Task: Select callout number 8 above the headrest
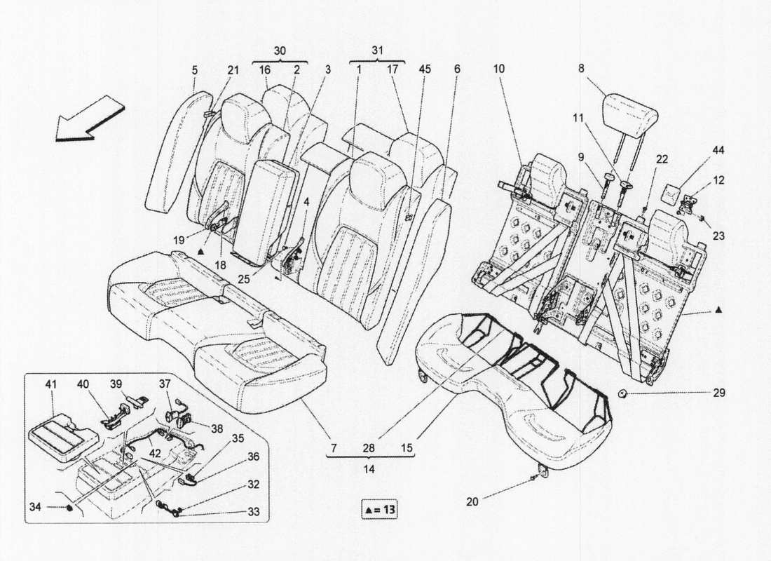coord(582,69)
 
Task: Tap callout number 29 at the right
coord(719,393)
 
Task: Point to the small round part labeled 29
coord(622,393)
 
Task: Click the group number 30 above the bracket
coord(279,50)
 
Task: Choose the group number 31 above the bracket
coord(376,50)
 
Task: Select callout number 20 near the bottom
coord(472,501)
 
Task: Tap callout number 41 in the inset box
coord(50,384)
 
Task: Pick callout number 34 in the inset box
coord(35,506)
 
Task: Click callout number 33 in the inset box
coord(253,512)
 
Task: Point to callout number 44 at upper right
coord(718,151)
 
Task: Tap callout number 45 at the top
coord(424,69)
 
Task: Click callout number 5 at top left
coord(195,70)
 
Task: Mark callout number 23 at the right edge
coord(719,236)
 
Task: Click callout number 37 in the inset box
coord(164,384)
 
